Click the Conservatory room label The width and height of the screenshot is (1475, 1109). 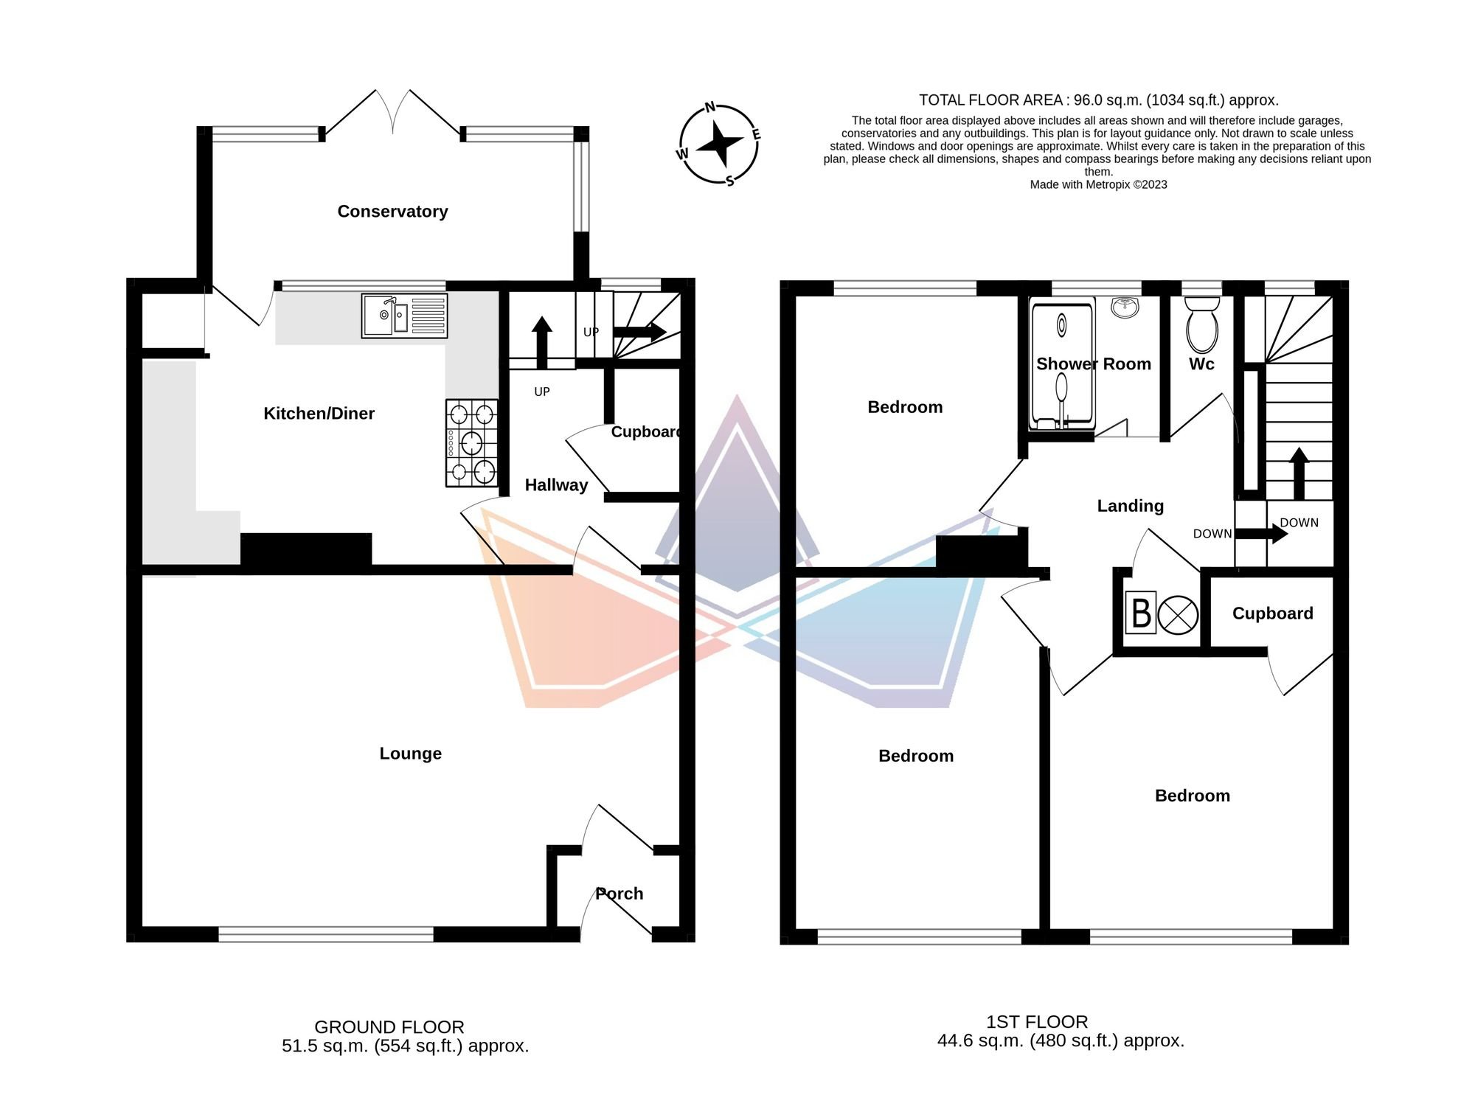pyautogui.click(x=392, y=212)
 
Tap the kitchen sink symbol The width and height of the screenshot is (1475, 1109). pyautogui.click(x=404, y=316)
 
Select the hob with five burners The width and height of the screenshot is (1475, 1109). pyautogui.click(x=472, y=443)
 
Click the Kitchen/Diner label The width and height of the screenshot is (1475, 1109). pyautogui.click(x=319, y=414)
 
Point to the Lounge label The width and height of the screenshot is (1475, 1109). pyautogui.click(x=411, y=754)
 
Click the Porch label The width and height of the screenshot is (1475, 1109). pyautogui.click(x=619, y=894)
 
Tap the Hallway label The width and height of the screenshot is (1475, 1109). pyautogui.click(x=556, y=485)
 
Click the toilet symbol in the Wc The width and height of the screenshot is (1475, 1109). pyautogui.click(x=1202, y=324)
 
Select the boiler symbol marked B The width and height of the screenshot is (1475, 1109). pyautogui.click(x=1142, y=613)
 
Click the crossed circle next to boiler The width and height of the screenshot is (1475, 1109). pyautogui.click(x=1178, y=614)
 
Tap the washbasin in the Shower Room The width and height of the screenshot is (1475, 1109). pyautogui.click(x=1125, y=307)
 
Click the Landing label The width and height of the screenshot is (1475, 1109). pyautogui.click(x=1131, y=506)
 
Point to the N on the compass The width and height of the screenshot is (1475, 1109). pyautogui.click(x=710, y=108)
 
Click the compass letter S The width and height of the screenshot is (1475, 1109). pyautogui.click(x=729, y=181)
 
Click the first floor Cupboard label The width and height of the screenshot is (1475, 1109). pyautogui.click(x=1273, y=613)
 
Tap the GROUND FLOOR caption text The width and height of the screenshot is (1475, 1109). pyautogui.click(x=389, y=1027)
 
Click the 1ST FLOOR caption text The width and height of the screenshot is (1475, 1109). pyautogui.click(x=1037, y=1022)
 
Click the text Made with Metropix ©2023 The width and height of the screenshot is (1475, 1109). pyautogui.click(x=1098, y=185)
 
